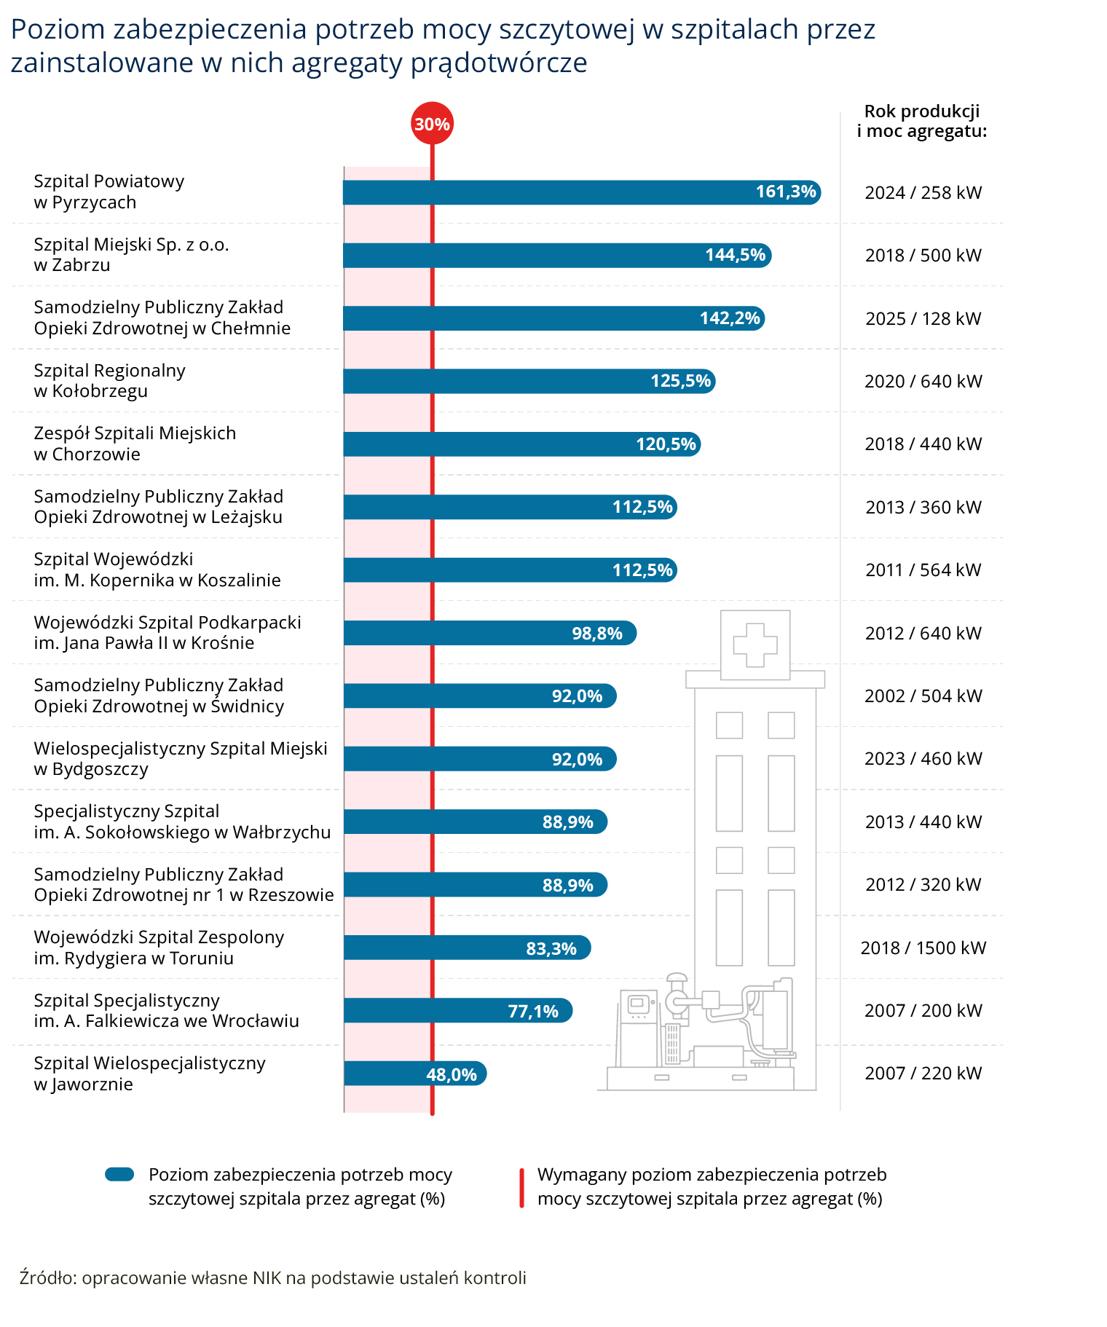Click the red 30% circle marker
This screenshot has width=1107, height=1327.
(432, 124)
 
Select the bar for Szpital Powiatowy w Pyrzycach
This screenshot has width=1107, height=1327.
(581, 192)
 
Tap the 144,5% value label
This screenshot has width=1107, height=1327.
(735, 255)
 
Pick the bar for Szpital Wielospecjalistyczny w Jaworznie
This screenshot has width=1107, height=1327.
(414, 1073)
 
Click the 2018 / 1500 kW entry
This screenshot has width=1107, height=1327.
(923, 948)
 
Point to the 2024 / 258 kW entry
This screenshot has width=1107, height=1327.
(923, 192)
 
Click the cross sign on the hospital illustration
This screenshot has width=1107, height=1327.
(755, 645)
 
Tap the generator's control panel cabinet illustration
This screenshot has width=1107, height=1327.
(638, 1027)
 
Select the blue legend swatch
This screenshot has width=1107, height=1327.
(119, 1174)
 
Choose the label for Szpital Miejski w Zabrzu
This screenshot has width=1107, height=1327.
(131, 255)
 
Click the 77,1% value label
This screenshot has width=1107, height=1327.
(532, 1011)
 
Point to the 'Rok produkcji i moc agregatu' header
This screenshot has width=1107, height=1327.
(921, 121)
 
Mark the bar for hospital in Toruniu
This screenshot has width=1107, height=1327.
(466, 948)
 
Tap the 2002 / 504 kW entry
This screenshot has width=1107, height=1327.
(923, 696)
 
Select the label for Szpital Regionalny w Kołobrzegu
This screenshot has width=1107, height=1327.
(109, 381)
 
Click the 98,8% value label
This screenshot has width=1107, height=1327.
(596, 633)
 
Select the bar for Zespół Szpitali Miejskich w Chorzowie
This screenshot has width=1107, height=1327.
(521, 444)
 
